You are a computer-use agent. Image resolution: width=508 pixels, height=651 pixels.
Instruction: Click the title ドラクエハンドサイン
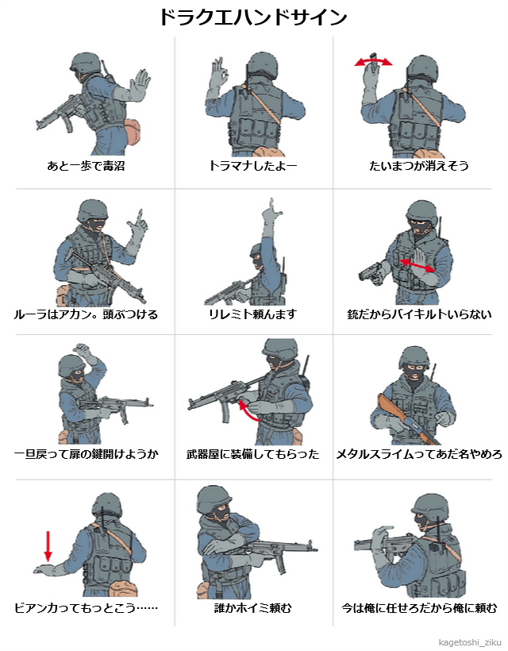coord(253,17)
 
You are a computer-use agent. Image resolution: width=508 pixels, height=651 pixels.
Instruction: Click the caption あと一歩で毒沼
coord(86,166)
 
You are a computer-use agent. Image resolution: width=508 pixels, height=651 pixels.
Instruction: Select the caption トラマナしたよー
coord(252,166)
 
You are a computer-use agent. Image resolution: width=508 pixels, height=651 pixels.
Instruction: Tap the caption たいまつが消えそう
coord(419,166)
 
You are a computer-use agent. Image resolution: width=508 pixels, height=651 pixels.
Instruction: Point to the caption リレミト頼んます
coord(252,314)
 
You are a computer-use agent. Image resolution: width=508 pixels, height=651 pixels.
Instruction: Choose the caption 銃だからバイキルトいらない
coord(419,314)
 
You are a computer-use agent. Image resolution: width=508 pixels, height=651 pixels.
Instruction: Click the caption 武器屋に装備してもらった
coord(252,454)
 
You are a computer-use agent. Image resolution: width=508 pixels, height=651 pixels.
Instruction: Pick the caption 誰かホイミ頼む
coord(252,608)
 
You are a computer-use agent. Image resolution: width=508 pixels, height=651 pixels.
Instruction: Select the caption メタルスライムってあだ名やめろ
coord(419,454)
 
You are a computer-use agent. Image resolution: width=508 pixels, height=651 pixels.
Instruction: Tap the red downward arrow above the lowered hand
coord(48,546)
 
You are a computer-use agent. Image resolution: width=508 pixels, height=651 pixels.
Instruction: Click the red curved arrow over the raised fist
coord(373,62)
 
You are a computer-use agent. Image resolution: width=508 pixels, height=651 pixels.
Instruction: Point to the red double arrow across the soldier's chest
coord(417,266)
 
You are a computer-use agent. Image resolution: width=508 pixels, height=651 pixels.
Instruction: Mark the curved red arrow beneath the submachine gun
coord(248,409)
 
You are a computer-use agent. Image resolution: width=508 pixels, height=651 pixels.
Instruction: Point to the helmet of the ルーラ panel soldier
coord(92,210)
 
